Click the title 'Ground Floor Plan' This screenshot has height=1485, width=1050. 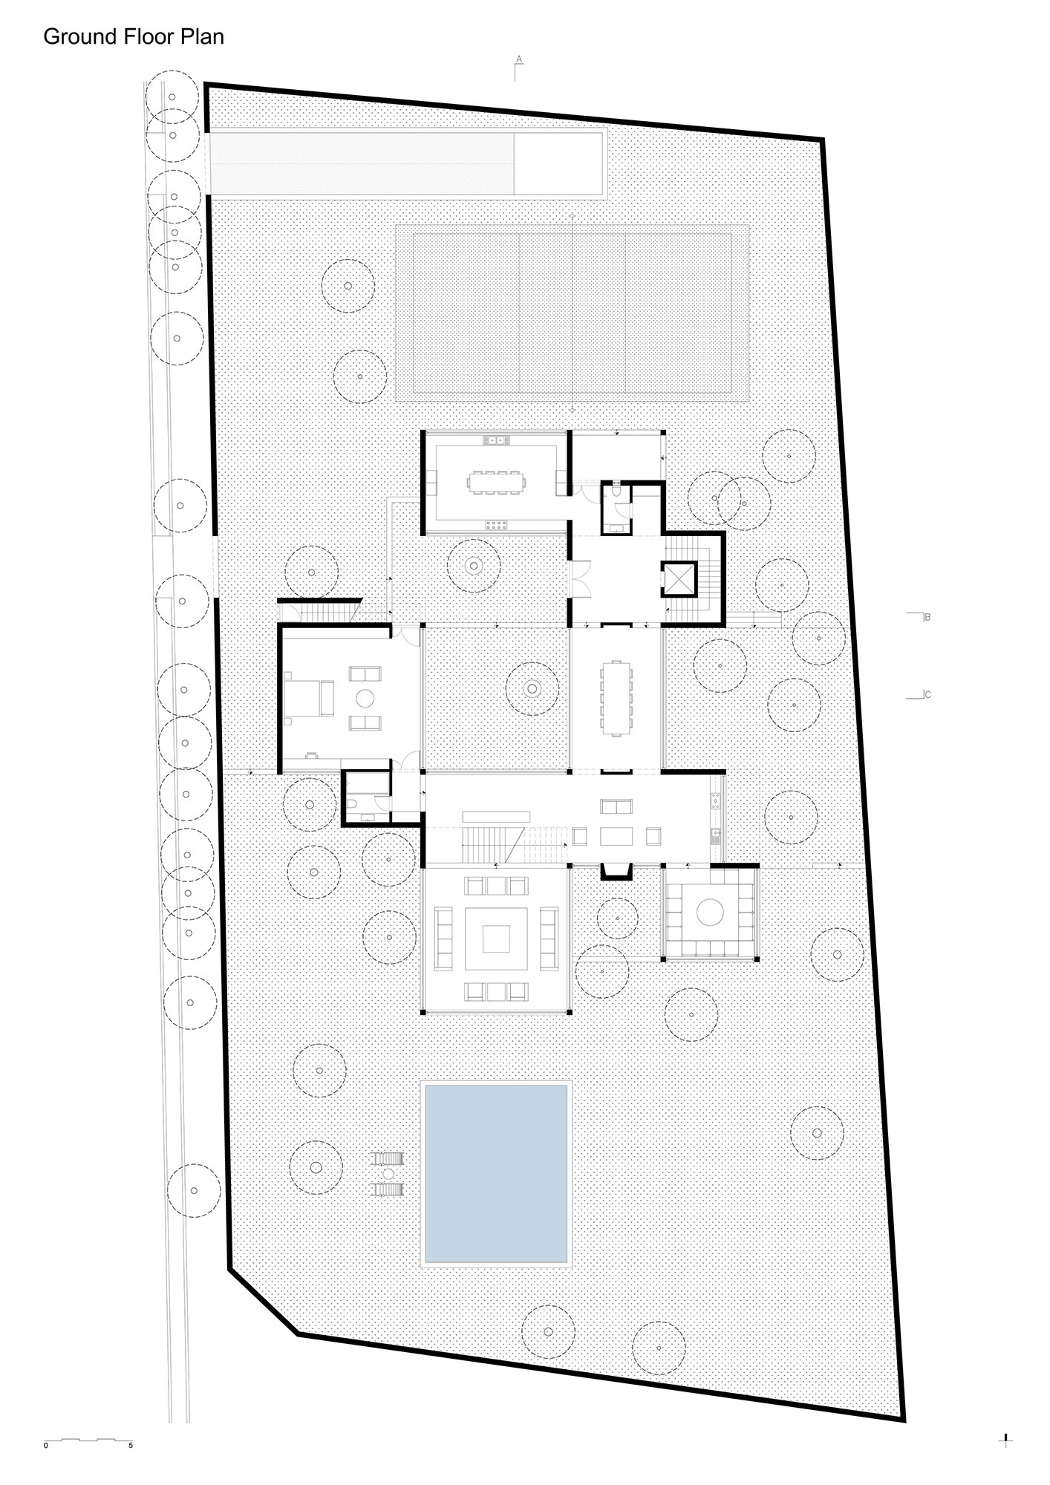(134, 36)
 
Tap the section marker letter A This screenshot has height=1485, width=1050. (520, 59)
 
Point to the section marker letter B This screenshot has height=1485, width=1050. (927, 616)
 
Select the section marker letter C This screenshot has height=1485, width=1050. (927, 695)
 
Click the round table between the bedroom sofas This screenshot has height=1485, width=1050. (365, 698)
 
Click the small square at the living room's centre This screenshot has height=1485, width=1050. (495, 939)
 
